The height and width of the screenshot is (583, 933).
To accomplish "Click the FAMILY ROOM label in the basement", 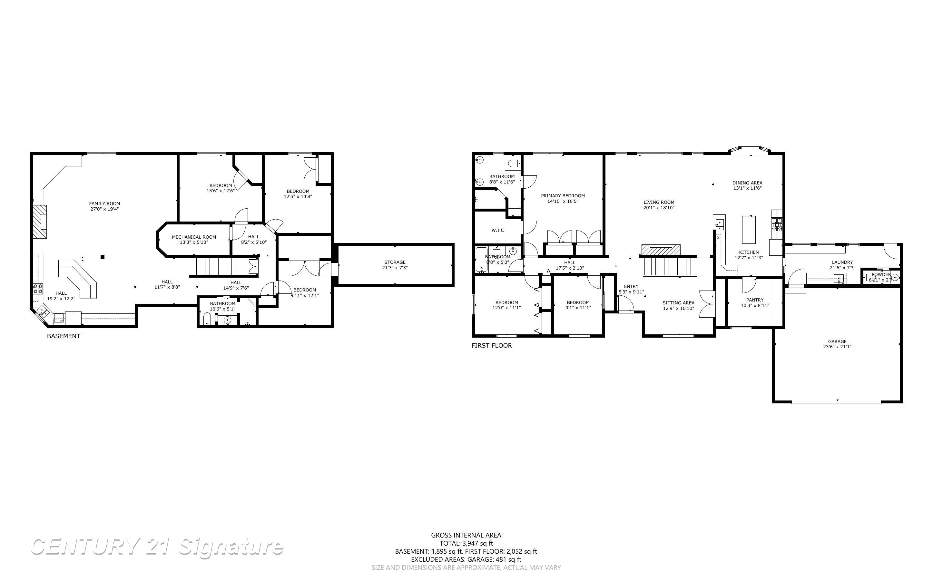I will tap(104, 203).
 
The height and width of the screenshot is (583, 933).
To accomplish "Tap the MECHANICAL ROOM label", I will tap(194, 237).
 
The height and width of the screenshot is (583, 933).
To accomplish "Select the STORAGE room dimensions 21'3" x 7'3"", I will tap(395, 268).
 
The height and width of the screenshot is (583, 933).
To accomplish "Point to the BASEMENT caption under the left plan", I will tap(64, 336).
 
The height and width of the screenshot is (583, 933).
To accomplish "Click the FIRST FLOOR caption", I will tap(491, 345).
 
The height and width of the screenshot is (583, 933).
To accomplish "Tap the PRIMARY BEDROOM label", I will tap(563, 196).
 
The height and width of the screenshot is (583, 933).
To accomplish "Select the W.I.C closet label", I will tap(497, 231).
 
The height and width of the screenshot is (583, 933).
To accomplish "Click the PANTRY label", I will tap(755, 300).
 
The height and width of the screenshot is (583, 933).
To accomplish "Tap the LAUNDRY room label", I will tap(842, 262).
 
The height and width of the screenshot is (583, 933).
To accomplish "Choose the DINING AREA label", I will tap(747, 183).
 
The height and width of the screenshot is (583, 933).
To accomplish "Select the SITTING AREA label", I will tap(678, 303).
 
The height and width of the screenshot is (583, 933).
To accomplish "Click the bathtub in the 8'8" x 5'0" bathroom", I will tap(480, 260).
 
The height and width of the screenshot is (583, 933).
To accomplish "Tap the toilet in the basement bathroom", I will tap(207, 319).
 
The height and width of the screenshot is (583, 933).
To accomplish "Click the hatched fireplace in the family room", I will tap(39, 222).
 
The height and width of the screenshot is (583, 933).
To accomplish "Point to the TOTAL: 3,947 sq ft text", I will tap(466, 543).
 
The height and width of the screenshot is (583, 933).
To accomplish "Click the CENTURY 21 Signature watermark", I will tap(157, 547).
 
